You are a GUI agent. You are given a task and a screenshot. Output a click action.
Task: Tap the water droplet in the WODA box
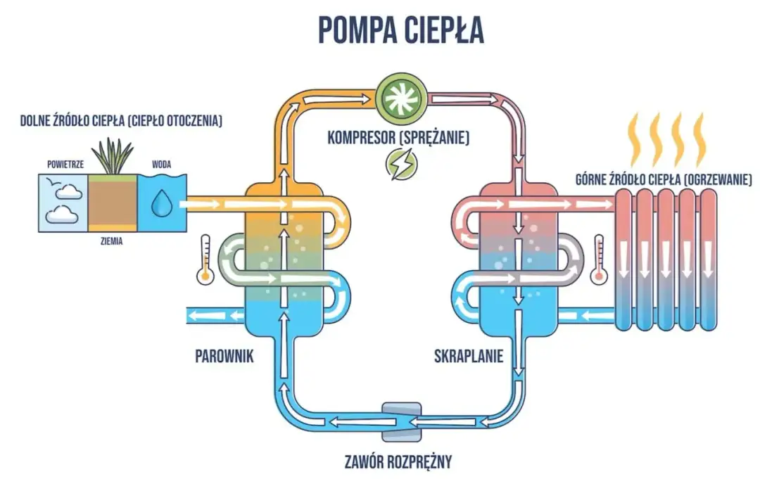pos(161,204)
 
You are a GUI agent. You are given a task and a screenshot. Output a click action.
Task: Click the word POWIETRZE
pos(63,165)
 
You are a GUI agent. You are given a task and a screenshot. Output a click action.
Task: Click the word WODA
pos(161,165)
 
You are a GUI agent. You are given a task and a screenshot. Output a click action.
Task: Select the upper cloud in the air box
pos(67,188)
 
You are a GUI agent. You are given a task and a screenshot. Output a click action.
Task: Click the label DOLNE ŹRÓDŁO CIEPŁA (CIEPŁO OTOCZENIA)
pos(121,121)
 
